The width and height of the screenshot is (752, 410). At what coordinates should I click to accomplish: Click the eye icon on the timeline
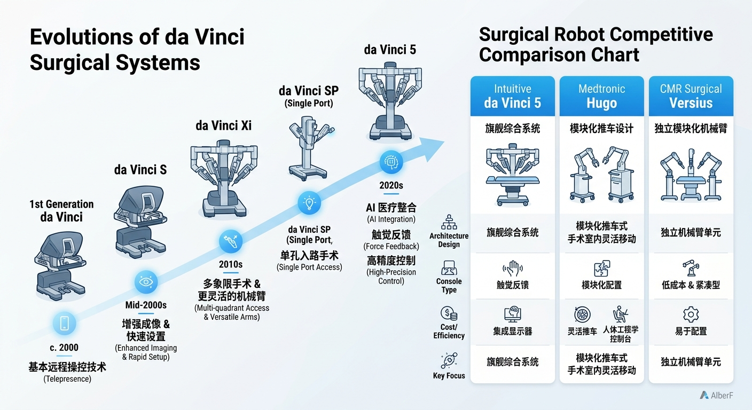click(x=146, y=282)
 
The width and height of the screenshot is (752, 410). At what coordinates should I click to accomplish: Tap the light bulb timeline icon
click(x=309, y=203)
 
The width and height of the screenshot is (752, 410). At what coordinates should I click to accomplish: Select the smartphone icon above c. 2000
click(x=64, y=323)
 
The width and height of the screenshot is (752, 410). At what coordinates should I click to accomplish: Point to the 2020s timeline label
click(x=391, y=186)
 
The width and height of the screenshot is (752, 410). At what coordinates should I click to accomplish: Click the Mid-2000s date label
click(x=146, y=305)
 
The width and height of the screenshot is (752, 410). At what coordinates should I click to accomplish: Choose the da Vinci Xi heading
click(x=224, y=125)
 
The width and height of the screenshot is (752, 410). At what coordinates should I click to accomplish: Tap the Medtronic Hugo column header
click(x=601, y=96)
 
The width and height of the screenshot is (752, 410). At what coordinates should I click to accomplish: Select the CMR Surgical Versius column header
click(x=691, y=96)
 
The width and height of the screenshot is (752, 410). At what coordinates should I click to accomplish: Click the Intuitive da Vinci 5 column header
click(x=513, y=96)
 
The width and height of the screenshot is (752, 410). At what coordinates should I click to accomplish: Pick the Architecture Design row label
click(x=449, y=240)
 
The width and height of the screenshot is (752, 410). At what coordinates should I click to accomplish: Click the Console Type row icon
click(x=449, y=268)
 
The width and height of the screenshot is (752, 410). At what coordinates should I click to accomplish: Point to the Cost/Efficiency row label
click(x=449, y=331)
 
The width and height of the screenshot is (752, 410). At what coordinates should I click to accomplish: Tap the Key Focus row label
click(x=449, y=376)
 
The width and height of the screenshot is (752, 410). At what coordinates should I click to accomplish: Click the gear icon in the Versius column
click(x=691, y=314)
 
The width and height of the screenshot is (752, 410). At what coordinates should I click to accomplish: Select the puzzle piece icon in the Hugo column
click(x=602, y=269)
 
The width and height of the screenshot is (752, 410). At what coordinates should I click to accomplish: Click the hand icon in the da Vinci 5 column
click(x=513, y=269)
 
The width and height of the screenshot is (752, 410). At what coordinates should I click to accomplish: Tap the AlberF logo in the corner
click(x=716, y=395)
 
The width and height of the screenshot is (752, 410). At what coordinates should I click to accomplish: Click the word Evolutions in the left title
click(x=82, y=37)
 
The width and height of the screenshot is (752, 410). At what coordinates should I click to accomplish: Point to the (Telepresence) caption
click(x=67, y=379)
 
